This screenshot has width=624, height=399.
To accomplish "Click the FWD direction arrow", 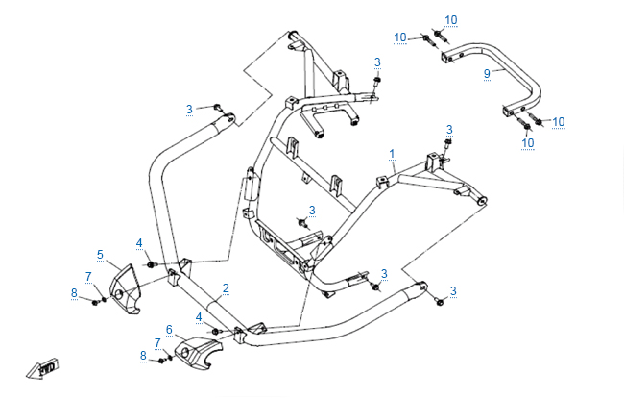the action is [x=43, y=368].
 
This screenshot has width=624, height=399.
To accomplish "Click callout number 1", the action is [x=392, y=154].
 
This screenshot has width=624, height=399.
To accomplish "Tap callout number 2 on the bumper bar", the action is [x=226, y=288].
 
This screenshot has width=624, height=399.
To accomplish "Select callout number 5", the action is [x=100, y=255].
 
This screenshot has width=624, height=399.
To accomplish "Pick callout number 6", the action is [x=169, y=330].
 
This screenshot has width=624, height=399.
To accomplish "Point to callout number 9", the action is [x=487, y=74].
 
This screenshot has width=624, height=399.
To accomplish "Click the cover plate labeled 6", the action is [x=199, y=352].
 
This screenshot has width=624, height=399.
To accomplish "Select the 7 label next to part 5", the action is [x=88, y=276].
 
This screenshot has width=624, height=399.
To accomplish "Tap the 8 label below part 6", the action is [x=143, y=355].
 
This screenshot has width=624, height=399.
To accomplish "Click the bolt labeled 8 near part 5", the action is [x=95, y=303].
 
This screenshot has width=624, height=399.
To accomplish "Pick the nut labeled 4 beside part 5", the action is [x=151, y=264].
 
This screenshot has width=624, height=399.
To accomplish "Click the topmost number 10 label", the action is [x=451, y=20].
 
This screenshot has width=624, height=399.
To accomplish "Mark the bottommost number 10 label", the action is [x=528, y=142].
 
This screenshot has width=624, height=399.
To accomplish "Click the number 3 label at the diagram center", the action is [x=312, y=211].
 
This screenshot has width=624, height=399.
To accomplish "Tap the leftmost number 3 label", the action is [x=189, y=110].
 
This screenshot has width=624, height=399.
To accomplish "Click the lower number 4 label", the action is [x=199, y=317].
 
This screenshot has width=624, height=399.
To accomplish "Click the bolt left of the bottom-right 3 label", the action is [x=439, y=302].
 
